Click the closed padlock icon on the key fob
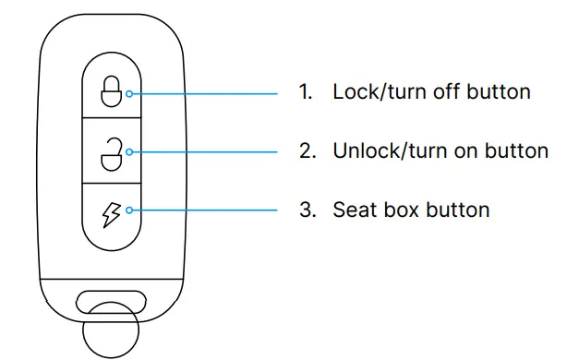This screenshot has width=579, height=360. (111, 91)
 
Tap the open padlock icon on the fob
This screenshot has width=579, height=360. (111, 151)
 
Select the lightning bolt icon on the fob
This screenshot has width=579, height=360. (111, 210)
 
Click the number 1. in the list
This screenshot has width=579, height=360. (308, 92)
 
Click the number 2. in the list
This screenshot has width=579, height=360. (308, 150)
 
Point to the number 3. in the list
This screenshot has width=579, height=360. (308, 210)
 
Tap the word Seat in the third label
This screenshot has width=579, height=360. (353, 210)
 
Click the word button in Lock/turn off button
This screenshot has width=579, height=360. (497, 92)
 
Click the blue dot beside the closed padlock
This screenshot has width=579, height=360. (129, 93)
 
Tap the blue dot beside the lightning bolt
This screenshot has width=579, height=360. (129, 210)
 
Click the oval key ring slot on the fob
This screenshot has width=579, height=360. (110, 300)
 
